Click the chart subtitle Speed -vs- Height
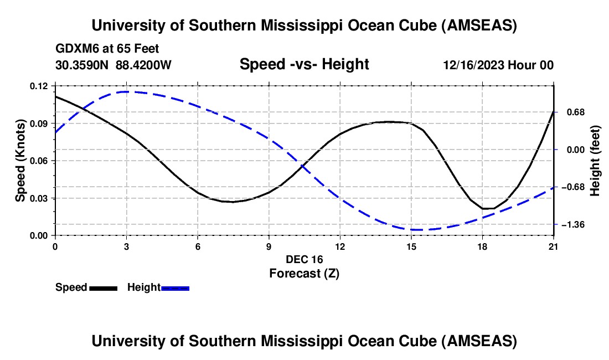304,65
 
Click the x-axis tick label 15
411,246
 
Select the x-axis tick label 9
269,246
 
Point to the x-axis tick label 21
553,246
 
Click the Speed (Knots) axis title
20,161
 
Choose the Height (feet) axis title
595,161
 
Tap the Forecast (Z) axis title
304,273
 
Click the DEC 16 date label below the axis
304,259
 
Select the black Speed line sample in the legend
103,288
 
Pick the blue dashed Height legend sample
176,288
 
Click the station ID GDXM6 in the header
76,49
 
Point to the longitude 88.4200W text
143,65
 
